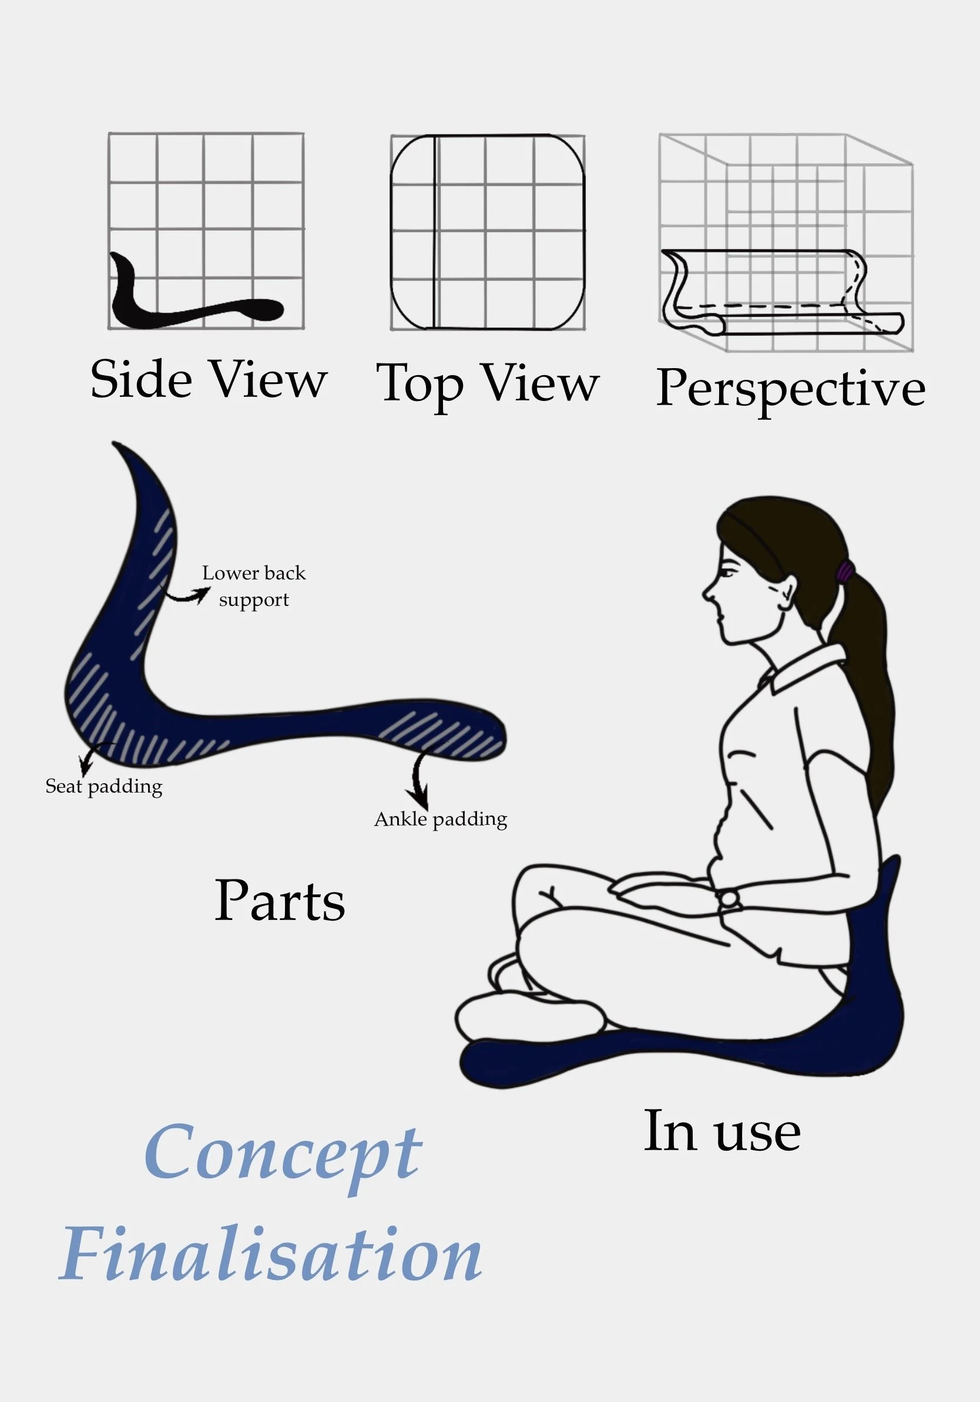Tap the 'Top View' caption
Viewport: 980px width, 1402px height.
pos(488,383)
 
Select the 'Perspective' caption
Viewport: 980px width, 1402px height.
pos(791,388)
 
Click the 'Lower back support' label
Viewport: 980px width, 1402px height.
pos(254,586)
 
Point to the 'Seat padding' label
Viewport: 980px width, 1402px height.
pos(104,787)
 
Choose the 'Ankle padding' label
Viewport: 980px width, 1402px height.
pos(441,819)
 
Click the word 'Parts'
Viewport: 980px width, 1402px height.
pos(279,901)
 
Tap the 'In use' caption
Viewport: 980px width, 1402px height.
pos(722,1131)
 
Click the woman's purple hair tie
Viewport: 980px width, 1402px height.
pos(845,572)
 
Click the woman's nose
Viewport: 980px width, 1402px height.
pos(707,591)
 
